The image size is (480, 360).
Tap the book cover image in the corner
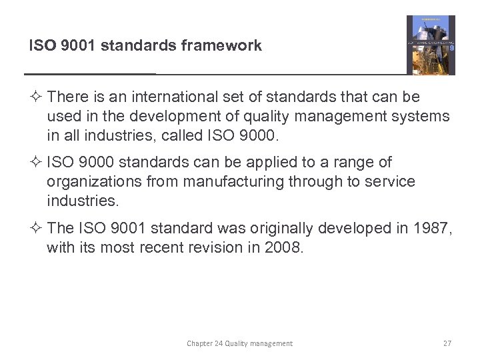click(431, 45)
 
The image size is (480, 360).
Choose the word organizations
click(93, 182)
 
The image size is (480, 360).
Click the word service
click(389, 182)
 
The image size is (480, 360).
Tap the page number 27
click(447, 343)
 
